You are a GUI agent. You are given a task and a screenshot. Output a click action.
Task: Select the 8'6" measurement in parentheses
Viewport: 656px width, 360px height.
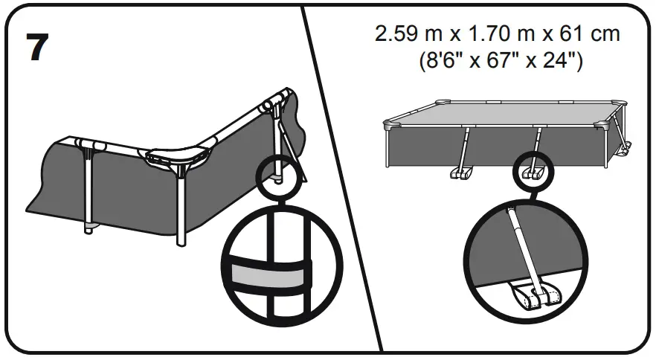[443, 60]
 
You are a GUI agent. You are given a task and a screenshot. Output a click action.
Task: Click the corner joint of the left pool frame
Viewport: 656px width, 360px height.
[177, 157]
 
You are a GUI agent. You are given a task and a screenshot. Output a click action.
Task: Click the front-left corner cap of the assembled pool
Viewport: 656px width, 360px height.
[390, 125]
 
